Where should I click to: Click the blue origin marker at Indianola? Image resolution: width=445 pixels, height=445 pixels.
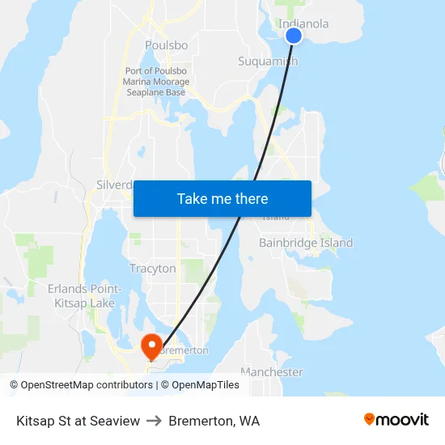[294, 36]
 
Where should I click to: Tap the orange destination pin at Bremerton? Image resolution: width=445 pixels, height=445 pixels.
[151, 345]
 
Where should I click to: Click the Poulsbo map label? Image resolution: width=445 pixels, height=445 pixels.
[166, 45]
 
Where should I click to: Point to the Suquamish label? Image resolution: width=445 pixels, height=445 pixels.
[268, 61]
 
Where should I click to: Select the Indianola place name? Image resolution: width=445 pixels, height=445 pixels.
[303, 23]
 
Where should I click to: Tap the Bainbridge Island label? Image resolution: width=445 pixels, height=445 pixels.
[306, 243]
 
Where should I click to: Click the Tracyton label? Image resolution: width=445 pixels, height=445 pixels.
[152, 269]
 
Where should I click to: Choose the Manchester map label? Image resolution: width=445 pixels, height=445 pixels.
[272, 372]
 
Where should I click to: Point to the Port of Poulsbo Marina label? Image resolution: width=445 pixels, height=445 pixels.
[156, 82]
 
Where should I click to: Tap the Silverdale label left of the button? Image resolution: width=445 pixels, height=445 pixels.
[114, 184]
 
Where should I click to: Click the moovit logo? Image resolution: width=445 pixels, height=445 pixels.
[396, 420]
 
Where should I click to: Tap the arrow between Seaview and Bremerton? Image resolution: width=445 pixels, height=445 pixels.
[154, 421]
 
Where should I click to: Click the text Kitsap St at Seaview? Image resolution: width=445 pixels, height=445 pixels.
[78, 421]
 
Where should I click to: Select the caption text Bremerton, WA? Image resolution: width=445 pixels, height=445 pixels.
[214, 421]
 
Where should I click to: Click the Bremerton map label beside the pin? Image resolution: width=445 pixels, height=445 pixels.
[184, 350]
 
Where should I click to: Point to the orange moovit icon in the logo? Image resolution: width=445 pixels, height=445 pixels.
[370, 419]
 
